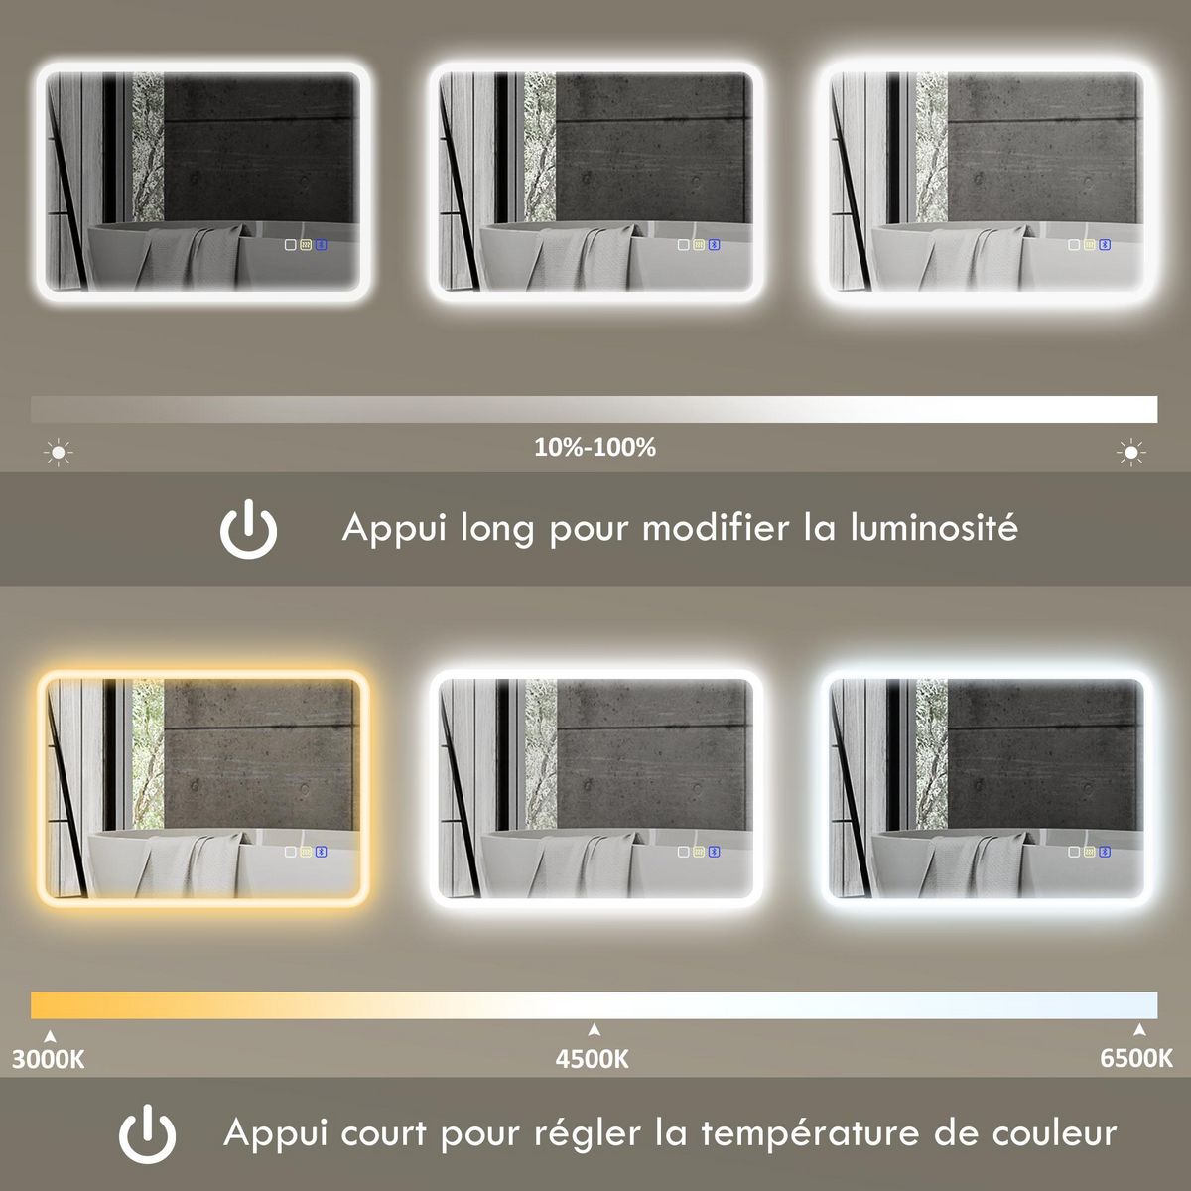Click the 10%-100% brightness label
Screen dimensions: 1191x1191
click(x=595, y=448)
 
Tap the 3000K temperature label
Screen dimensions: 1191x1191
click(x=49, y=1059)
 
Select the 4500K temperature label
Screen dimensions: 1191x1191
click(x=593, y=1059)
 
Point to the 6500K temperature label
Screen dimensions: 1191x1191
click(x=1135, y=1059)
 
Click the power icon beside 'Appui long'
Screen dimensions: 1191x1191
click(x=248, y=529)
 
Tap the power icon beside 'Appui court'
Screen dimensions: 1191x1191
click(x=148, y=1133)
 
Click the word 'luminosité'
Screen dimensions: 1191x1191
click(x=934, y=527)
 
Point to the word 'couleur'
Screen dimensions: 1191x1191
click(x=1054, y=1132)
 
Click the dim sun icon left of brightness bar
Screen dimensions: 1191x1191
click(x=59, y=454)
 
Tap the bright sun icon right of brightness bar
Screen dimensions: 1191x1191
click(x=1130, y=454)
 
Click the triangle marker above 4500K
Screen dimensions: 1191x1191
click(x=594, y=1029)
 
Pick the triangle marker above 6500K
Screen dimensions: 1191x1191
click(x=1140, y=1029)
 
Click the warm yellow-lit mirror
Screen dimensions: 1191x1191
click(x=203, y=789)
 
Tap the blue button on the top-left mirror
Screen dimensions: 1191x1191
click(x=322, y=244)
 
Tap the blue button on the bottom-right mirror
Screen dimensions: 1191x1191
click(x=1106, y=852)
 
